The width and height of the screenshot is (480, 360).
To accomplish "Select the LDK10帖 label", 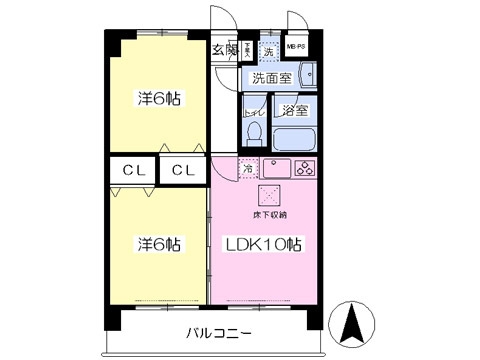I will point(263,244).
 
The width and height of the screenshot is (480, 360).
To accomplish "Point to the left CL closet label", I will point(133,170).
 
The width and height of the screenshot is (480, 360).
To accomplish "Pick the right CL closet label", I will point(181,170).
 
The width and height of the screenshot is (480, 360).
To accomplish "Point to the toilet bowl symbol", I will point(253,132).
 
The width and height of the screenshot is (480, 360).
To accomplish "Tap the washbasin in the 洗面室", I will point(306,74).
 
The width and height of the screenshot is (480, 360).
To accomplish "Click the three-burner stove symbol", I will point(304,168).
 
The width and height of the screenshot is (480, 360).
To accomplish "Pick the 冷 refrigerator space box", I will point(248,169).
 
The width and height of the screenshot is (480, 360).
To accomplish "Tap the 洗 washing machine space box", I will point(268,51).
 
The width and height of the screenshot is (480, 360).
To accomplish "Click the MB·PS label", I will point(297,47).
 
